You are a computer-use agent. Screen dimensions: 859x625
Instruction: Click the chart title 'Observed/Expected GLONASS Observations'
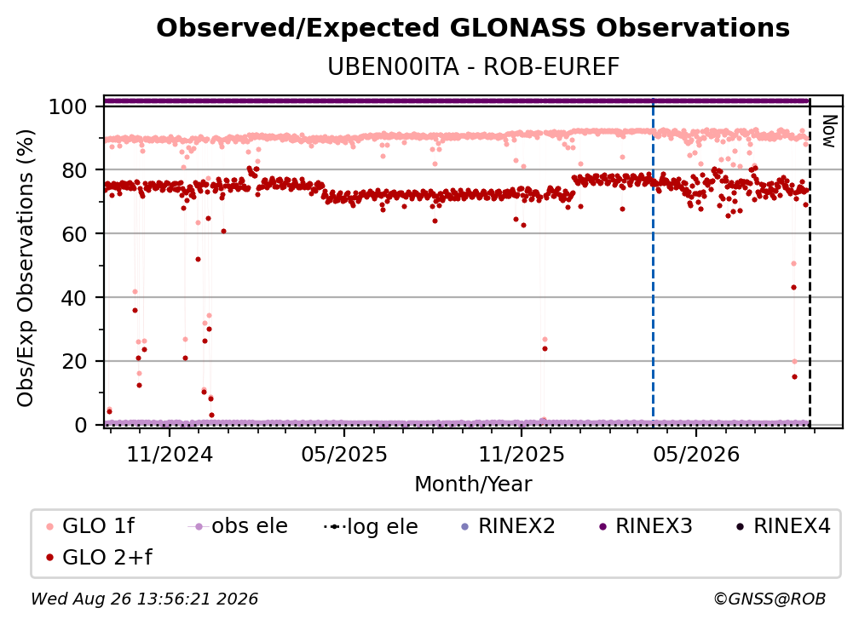473,28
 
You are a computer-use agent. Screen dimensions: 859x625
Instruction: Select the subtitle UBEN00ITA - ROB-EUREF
473,66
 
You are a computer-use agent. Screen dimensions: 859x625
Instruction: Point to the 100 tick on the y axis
68,106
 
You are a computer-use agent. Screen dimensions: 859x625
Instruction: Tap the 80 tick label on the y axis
74,170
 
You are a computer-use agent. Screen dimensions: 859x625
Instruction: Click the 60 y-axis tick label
74,234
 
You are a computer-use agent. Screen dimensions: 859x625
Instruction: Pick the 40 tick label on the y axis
74,298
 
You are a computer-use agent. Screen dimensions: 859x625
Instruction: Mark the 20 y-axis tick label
74,361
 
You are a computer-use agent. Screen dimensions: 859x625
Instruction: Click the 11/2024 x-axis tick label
170,454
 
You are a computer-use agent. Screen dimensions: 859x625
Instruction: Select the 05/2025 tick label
344,454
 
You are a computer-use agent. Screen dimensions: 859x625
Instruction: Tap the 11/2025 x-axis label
522,454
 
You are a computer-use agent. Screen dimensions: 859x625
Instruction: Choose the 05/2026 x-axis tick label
696,454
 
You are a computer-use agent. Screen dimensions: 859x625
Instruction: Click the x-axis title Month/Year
473,485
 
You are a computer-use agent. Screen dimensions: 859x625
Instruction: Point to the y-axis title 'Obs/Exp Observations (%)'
26,268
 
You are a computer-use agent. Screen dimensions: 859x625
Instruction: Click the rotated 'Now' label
829,131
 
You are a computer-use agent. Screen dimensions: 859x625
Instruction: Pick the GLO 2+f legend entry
99,557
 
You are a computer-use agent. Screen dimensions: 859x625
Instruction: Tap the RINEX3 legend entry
646,526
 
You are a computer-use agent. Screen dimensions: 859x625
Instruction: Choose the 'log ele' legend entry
371,526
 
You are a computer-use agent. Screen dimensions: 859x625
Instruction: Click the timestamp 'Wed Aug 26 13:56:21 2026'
145,599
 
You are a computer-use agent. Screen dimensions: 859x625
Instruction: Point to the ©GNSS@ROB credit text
770,599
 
